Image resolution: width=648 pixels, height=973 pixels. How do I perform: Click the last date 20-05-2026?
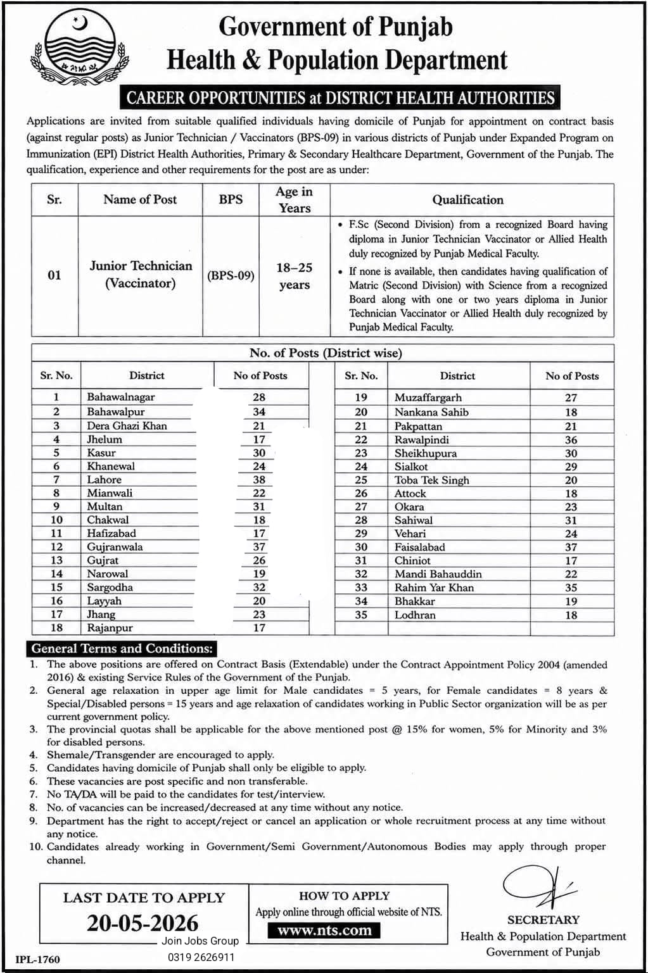click(143, 923)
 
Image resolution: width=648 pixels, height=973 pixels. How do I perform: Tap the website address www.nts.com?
click(324, 930)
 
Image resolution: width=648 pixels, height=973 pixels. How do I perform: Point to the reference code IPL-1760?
click(38, 959)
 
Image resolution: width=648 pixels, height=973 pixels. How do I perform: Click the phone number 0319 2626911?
click(201, 957)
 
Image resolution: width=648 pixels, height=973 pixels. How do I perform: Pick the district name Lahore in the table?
click(104, 480)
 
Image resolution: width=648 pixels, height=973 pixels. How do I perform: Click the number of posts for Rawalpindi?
click(571, 440)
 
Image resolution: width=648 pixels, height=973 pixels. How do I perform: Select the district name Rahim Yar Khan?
click(434, 587)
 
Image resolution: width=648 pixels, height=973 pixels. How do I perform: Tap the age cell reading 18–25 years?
click(294, 276)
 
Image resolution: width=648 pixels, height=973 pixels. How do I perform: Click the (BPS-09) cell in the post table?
click(231, 276)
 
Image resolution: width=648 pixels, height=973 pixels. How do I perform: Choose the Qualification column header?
click(467, 200)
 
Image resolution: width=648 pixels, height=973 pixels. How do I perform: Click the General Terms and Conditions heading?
click(122, 648)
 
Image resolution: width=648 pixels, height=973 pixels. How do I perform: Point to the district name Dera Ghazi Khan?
click(127, 426)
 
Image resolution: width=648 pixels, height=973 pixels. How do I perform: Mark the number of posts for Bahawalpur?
click(258, 412)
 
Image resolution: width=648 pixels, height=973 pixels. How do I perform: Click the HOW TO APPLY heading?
click(344, 896)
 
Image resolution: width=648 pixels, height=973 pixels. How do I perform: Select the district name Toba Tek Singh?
click(431, 480)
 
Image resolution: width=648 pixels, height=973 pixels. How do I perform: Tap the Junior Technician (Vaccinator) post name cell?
click(141, 275)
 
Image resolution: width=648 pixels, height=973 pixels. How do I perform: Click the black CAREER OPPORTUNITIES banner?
click(340, 98)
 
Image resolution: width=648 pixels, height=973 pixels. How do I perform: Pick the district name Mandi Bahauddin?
click(438, 574)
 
